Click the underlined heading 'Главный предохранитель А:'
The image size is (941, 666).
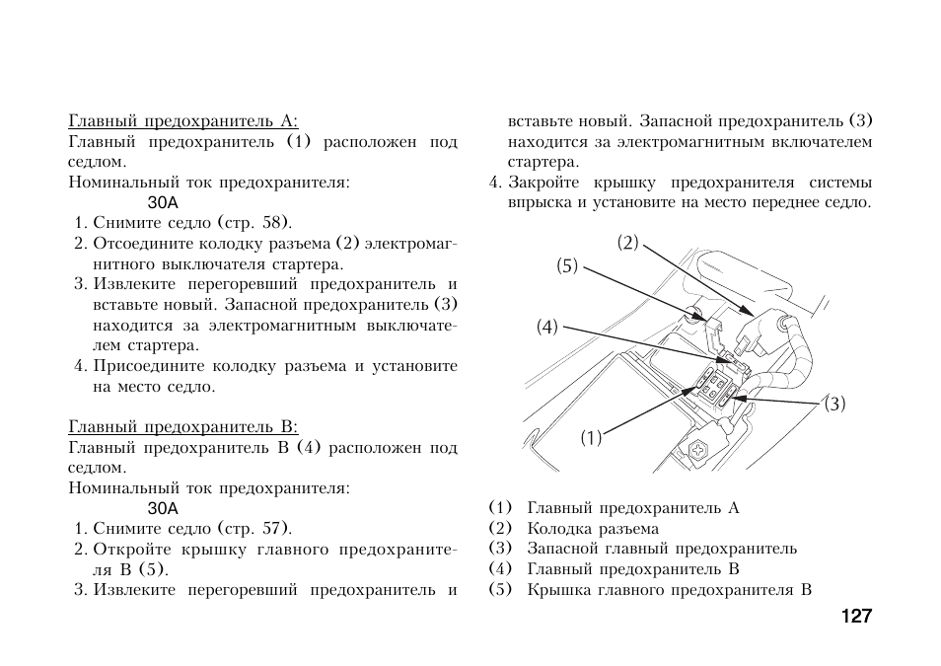[182, 121]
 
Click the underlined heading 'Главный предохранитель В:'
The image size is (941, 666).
[182, 427]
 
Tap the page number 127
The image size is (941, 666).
[856, 616]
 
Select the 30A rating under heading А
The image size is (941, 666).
[163, 202]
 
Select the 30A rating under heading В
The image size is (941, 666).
[163, 508]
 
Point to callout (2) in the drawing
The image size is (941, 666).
[628, 243]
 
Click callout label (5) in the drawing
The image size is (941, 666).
[566, 265]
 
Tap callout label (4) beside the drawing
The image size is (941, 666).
[547, 327]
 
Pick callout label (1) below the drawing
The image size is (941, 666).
[590, 438]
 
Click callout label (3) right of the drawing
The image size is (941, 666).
[835, 404]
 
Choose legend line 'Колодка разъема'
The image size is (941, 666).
[592, 529]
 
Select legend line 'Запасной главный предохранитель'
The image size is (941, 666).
[661, 549]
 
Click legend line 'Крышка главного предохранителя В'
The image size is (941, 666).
[669, 590]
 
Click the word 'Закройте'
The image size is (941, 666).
[542, 183]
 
